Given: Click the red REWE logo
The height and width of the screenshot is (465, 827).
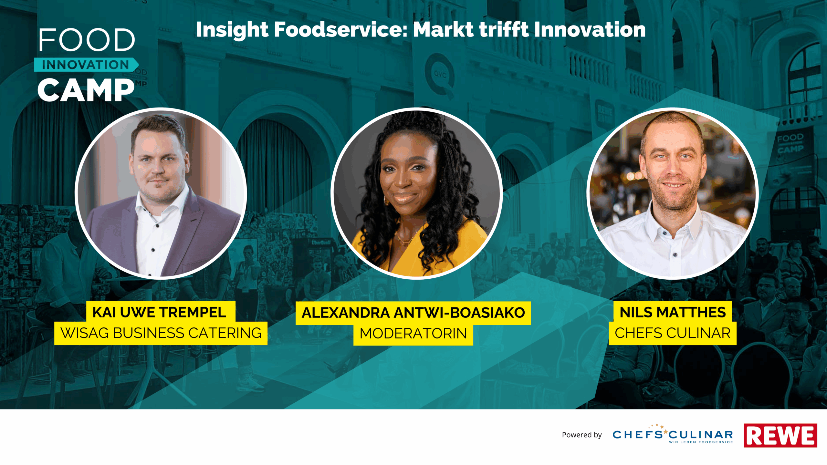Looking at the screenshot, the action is click(x=780, y=435).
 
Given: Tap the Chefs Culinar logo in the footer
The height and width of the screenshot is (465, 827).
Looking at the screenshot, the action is click(x=673, y=434).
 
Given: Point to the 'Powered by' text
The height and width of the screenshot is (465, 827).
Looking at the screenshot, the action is click(x=582, y=435).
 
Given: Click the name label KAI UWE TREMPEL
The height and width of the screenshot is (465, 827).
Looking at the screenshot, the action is click(x=159, y=312).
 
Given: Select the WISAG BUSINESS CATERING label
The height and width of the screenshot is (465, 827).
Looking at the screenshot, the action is click(x=161, y=333).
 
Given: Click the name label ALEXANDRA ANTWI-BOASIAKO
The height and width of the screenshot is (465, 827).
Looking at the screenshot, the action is click(x=413, y=313).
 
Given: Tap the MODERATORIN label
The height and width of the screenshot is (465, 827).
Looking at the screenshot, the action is click(x=413, y=334).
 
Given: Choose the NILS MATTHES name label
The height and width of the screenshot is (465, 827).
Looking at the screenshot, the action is click(x=673, y=312).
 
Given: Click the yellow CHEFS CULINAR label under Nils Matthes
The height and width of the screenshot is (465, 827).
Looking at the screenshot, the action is click(x=673, y=333).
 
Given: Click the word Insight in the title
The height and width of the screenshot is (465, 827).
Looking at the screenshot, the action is click(x=232, y=30).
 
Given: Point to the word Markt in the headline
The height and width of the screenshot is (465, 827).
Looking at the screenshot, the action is click(x=444, y=30).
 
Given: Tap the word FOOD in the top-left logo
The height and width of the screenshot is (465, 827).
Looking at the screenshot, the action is click(x=87, y=40).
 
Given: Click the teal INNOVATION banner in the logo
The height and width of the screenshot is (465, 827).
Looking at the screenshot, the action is click(x=86, y=65).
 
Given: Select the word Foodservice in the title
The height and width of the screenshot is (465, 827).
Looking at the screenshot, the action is click(x=341, y=30).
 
